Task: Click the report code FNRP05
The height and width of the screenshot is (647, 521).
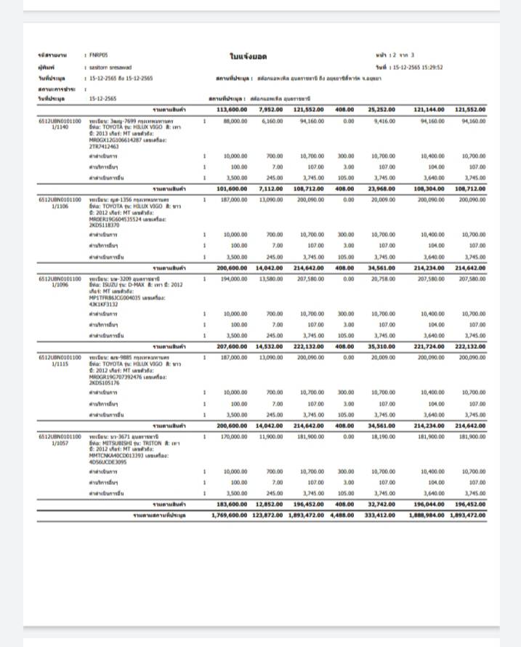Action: [x=98, y=55]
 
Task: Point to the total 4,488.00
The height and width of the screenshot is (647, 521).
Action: [x=342, y=515]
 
